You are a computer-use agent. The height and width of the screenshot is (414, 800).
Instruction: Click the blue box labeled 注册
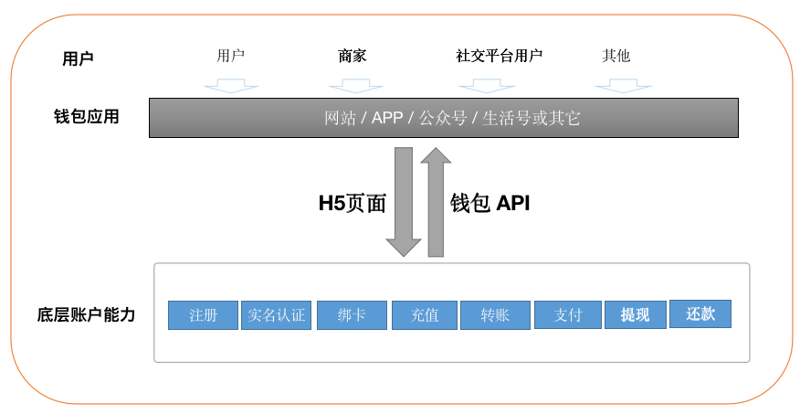(x=203, y=315)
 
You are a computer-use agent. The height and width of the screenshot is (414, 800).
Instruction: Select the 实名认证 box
(x=276, y=315)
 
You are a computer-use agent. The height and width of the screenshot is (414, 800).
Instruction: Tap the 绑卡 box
(x=352, y=315)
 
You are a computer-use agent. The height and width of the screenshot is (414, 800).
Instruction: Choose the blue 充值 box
(x=425, y=315)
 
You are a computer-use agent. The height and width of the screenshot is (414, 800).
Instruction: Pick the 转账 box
(x=495, y=315)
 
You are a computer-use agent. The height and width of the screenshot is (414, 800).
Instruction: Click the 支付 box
(x=568, y=315)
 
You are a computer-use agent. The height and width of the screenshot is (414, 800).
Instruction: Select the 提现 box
(x=636, y=314)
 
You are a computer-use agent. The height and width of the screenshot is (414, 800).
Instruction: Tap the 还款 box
(x=700, y=313)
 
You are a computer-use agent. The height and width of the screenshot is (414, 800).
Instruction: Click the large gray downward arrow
(x=404, y=202)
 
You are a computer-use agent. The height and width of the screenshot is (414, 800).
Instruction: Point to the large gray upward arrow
(x=436, y=202)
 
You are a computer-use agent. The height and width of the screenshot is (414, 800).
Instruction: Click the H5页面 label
(x=352, y=203)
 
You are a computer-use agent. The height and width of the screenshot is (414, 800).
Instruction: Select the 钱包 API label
(x=489, y=203)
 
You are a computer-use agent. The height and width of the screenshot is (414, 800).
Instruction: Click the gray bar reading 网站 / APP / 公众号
(x=443, y=118)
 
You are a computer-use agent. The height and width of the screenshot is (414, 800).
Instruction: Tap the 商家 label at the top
(x=352, y=55)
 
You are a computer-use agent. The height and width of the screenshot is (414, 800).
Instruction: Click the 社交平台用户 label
(x=499, y=55)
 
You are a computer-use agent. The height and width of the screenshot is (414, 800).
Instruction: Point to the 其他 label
(x=616, y=55)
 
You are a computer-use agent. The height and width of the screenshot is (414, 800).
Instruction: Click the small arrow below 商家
(x=355, y=86)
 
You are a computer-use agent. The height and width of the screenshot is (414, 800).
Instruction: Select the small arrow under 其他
(x=623, y=86)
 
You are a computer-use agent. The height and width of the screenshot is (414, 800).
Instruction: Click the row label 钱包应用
(x=86, y=116)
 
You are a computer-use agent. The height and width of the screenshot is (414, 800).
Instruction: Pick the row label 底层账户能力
(x=86, y=314)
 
